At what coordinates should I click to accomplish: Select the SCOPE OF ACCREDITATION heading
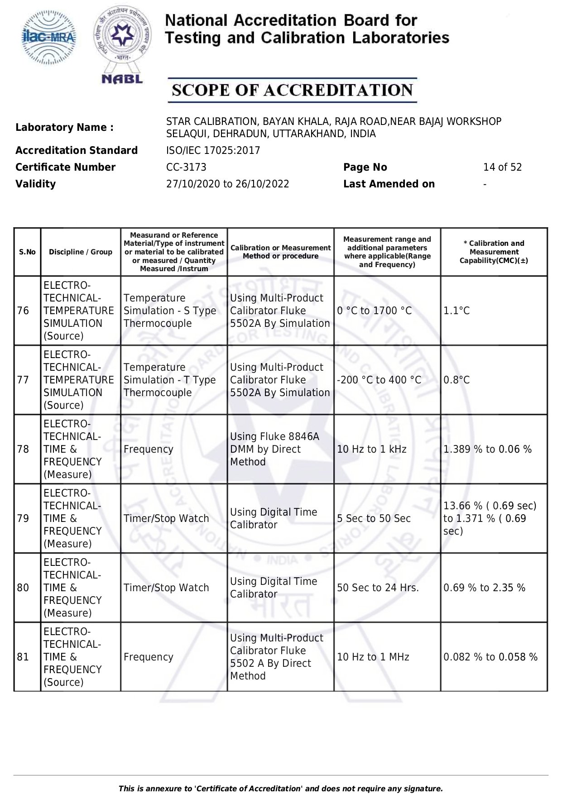pyautogui.click(x=292, y=90)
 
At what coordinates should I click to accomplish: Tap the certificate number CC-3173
pyautogui.click(x=186, y=167)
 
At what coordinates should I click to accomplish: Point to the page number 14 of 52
pyautogui.click(x=502, y=167)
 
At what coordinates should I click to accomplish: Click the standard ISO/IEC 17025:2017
pyautogui.click(x=213, y=150)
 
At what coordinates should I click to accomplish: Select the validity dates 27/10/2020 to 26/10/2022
pyautogui.click(x=227, y=184)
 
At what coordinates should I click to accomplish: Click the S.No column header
pyautogui.click(x=27, y=252)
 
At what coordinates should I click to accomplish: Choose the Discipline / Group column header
pyautogui.click(x=81, y=252)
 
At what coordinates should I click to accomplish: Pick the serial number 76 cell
pyautogui.click(x=23, y=311)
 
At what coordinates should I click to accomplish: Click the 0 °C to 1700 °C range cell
pyautogui.click(x=374, y=311)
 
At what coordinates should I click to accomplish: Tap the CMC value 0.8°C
pyautogui.click(x=456, y=380)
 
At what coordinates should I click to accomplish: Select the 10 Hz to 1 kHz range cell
pyautogui.click(x=371, y=450)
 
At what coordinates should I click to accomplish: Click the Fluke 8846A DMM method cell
pyautogui.click(x=274, y=449)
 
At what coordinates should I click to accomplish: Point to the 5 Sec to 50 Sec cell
pyautogui.click(x=374, y=519)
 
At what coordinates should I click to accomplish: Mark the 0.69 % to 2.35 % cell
pyautogui.click(x=484, y=588)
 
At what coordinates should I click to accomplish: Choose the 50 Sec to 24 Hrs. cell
pyautogui.click(x=378, y=588)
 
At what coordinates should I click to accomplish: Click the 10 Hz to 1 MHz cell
pyautogui.click(x=373, y=657)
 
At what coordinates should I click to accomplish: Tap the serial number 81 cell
pyautogui.click(x=23, y=657)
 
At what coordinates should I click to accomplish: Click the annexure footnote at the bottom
pyautogui.click(x=280, y=789)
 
